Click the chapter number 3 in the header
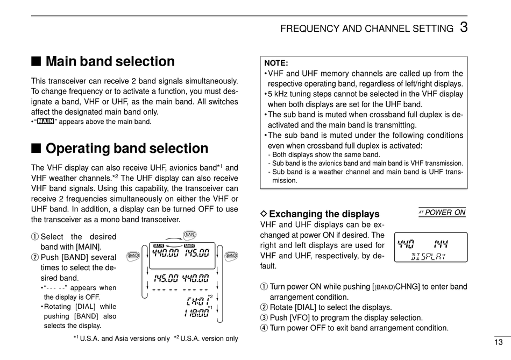pos(463,27)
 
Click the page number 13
pos(499,342)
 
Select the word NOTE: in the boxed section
pos(276,63)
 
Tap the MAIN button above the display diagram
pos(189,234)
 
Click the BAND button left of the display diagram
pos(134,255)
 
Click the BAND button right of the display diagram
pos(231,255)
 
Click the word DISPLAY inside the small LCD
pos(429,256)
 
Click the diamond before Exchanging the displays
pos(264,214)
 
